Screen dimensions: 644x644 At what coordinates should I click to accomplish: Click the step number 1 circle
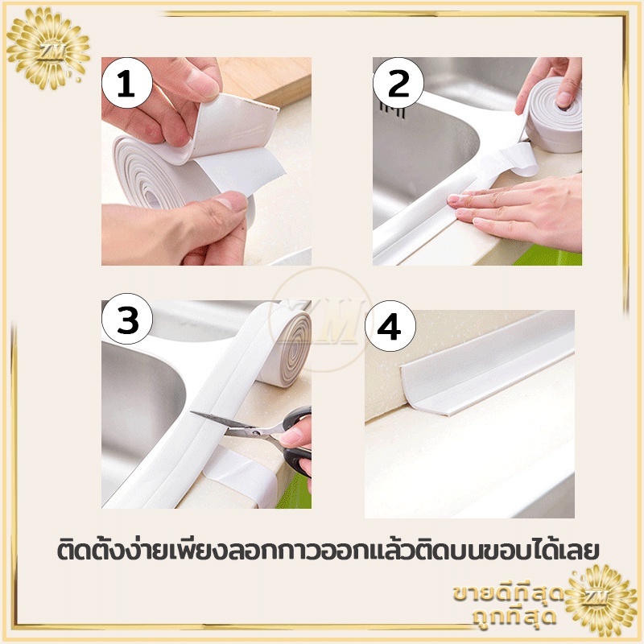[x=127, y=84]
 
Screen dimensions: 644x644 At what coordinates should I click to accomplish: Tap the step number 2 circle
[x=398, y=84]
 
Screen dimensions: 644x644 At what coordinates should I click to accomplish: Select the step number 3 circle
[x=127, y=319]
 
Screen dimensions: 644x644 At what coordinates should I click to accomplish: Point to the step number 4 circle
[x=390, y=326]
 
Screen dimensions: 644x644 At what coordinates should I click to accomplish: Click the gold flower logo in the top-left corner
[x=48, y=48]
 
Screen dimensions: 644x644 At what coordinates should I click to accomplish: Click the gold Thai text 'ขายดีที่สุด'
[x=509, y=593]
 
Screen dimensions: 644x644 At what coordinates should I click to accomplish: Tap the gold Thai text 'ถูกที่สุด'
[x=514, y=616]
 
